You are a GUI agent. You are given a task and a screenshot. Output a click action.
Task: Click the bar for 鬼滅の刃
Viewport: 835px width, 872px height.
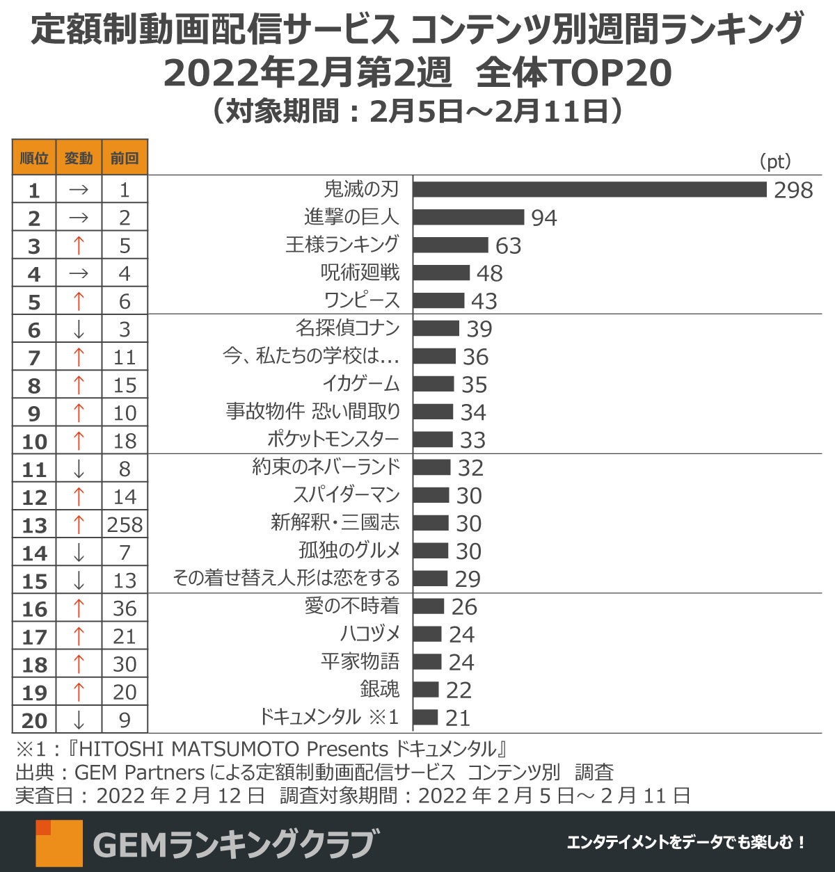pyautogui.click(x=589, y=189)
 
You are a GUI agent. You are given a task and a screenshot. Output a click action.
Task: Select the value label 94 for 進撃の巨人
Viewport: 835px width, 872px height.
pyautogui.click(x=543, y=218)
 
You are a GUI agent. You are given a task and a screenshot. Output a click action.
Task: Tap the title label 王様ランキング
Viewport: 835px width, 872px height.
pyautogui.click(x=342, y=245)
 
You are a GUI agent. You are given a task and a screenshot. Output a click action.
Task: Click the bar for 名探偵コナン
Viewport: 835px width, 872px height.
pyautogui.click(x=436, y=328)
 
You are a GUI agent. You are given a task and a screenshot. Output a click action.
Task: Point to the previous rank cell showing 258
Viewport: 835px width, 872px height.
pyautogui.click(x=125, y=524)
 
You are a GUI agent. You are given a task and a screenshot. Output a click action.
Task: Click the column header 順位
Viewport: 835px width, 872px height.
pyautogui.click(x=34, y=158)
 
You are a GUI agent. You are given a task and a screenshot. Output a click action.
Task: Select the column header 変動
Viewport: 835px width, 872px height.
pyautogui.click(x=79, y=158)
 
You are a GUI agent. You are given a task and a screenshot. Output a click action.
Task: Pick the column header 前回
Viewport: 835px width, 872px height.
pyautogui.click(x=125, y=158)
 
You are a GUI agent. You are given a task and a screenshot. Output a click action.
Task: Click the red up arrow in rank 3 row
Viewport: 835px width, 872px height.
pyautogui.click(x=79, y=245)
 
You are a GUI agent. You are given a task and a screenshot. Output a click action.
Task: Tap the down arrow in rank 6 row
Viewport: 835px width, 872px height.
pyautogui.click(x=79, y=330)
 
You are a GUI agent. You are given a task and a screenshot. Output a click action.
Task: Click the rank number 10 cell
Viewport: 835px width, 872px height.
pyautogui.click(x=34, y=441)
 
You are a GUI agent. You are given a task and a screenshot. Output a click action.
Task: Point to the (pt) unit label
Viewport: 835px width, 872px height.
pyautogui.click(x=774, y=161)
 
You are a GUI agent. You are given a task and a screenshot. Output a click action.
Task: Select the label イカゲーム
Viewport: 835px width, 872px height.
pyautogui.click(x=360, y=384)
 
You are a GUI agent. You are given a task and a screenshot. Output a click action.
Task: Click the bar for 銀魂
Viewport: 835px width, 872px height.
pyautogui.click(x=426, y=690)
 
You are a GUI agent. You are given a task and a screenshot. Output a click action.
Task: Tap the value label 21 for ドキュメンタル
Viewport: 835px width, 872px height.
pyautogui.click(x=458, y=718)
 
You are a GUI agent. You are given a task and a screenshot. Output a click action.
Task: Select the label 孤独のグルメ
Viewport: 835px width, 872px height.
pyautogui.click(x=349, y=551)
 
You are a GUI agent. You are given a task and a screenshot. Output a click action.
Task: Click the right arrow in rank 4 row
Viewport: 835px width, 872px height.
pyautogui.click(x=79, y=274)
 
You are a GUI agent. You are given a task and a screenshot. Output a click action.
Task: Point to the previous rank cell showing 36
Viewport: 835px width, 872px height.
pyautogui.click(x=125, y=608)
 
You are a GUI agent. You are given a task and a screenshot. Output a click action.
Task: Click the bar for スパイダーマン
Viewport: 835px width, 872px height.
pyautogui.click(x=431, y=495)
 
